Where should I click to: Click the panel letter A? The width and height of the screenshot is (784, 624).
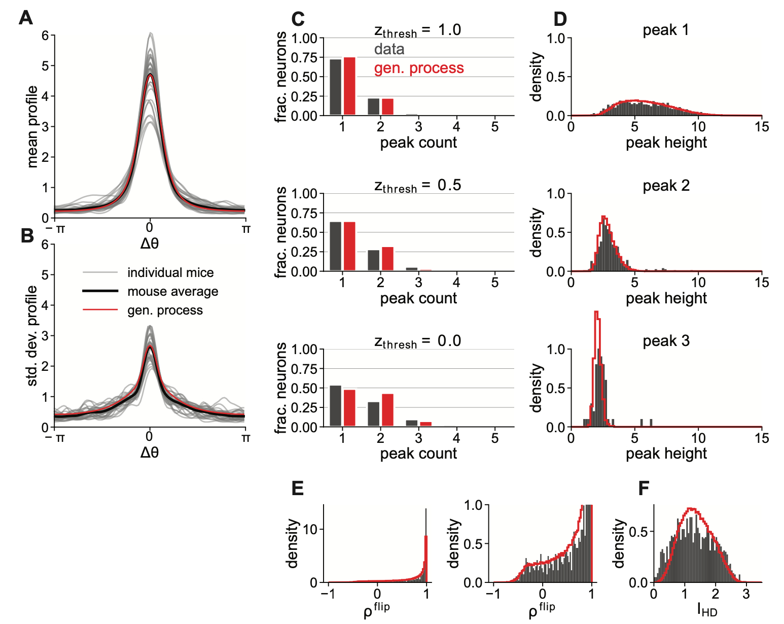click(26, 18)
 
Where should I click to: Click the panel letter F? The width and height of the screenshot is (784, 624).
click(644, 489)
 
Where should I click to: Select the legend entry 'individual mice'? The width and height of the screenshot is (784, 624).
click(170, 273)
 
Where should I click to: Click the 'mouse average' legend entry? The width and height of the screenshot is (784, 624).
click(172, 292)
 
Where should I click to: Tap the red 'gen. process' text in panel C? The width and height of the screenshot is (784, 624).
click(419, 68)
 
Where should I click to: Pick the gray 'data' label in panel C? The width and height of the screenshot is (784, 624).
click(389, 49)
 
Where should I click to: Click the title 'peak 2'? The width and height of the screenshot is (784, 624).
click(666, 186)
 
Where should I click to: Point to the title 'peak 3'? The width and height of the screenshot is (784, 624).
click(666, 341)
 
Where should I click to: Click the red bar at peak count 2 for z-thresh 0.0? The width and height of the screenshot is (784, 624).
click(387, 410)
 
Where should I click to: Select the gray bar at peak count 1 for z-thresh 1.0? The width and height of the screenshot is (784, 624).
click(335, 87)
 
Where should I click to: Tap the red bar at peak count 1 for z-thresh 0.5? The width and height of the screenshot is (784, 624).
click(349, 247)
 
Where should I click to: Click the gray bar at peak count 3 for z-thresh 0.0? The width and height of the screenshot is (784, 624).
click(412, 423)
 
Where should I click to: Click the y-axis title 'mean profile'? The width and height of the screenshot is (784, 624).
click(32, 127)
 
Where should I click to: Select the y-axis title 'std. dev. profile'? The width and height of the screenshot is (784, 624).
click(32, 336)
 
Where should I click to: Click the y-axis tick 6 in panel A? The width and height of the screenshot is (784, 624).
click(46, 36)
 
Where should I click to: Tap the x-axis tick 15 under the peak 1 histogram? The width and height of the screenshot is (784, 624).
click(762, 127)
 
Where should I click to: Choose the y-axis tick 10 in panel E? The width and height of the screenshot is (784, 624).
click(310, 530)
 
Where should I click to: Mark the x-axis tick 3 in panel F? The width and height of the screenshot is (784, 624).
click(746, 594)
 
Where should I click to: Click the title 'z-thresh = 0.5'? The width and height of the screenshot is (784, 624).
click(418, 186)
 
